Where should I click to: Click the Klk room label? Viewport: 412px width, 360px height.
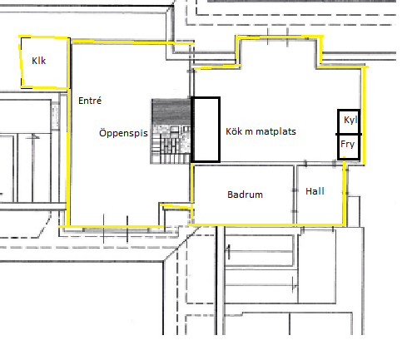coord(38,61)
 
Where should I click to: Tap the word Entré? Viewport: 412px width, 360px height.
coord(90,101)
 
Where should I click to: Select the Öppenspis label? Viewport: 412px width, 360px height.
coord(123,133)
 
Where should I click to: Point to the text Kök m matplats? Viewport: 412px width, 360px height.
coord(261,131)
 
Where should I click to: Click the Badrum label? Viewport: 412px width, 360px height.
coord(245,195)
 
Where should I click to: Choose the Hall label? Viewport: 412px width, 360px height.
coord(315,191)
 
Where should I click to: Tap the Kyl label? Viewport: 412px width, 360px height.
coord(350,120)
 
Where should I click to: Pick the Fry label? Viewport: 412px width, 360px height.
coord(347,144)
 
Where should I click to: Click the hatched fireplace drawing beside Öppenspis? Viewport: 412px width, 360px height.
coord(171,131)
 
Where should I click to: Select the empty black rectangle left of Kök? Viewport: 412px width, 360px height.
coord(206,130)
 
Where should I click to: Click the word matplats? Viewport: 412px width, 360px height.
coord(275,131)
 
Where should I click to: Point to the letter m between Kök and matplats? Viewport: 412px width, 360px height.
coord(249,132)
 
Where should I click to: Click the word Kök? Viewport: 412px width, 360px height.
coord(234,131)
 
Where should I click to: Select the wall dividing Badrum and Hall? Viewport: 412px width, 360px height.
coord(295,195)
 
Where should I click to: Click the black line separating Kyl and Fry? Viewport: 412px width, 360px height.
coord(349,135)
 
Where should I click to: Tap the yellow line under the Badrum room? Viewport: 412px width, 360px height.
coord(266,224)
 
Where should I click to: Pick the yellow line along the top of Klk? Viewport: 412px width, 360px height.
coord(44,37)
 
